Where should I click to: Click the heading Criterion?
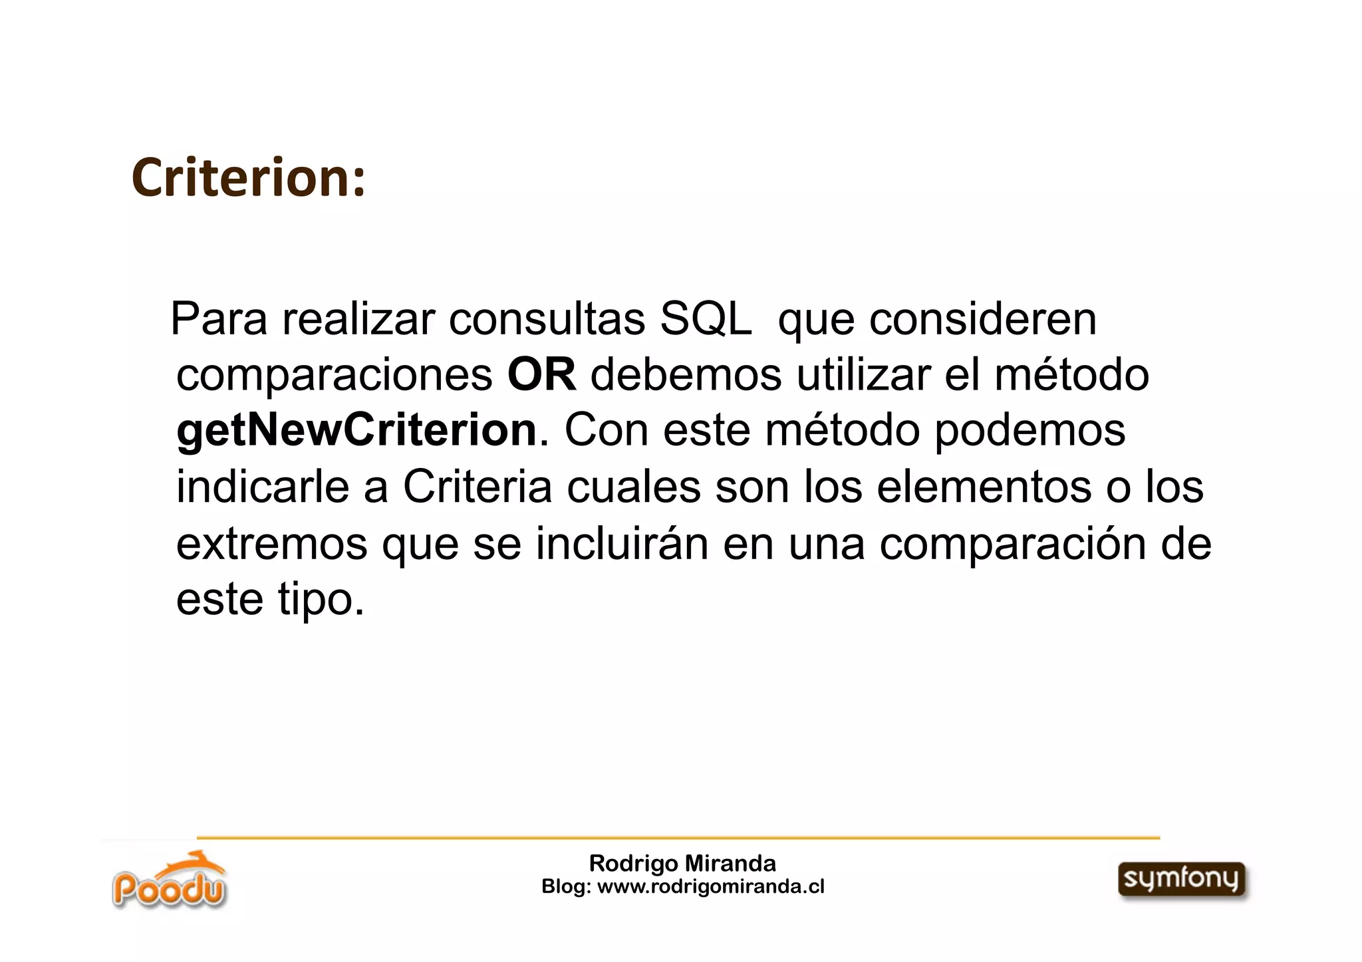(249, 178)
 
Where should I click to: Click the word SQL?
(705, 320)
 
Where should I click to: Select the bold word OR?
(541, 375)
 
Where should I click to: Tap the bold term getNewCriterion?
(356, 431)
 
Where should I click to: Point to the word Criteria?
(477, 487)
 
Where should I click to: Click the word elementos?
(984, 487)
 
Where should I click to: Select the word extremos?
(271, 544)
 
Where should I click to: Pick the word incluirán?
(622, 544)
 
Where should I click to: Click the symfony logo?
(1182, 880)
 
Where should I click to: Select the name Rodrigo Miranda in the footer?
(682, 864)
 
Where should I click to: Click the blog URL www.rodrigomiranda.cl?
(711, 887)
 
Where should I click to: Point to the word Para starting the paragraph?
(219, 320)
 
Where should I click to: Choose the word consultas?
(547, 320)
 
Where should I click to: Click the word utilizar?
(863, 375)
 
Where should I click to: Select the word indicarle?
(263, 487)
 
